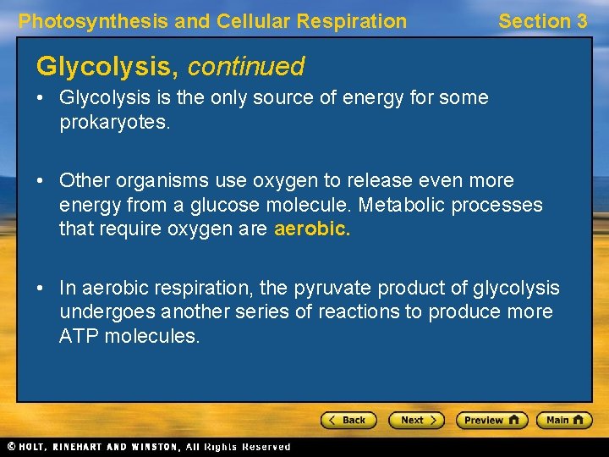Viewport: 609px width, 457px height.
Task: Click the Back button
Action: point(348,420)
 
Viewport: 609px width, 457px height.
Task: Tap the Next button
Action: point(416,420)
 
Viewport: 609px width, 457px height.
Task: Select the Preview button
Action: point(491,420)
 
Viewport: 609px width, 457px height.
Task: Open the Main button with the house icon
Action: point(565,420)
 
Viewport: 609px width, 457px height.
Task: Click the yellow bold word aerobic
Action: point(311,228)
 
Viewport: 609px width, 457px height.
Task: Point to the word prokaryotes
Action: point(113,122)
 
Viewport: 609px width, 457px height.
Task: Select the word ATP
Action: point(79,336)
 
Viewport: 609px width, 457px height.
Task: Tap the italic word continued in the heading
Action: point(246,66)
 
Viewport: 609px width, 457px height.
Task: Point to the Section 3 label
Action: point(542,21)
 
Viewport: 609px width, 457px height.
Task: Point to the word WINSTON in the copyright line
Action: point(154,447)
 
